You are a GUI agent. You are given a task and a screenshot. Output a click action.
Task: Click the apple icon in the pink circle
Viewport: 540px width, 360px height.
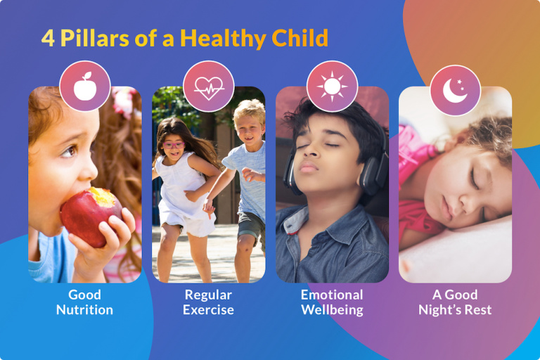pyautogui.click(x=85, y=86)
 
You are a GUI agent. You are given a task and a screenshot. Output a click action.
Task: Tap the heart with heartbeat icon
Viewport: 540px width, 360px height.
pyautogui.click(x=209, y=88)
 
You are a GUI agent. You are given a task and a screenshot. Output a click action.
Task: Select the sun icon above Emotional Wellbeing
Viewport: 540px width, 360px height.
pyautogui.click(x=332, y=86)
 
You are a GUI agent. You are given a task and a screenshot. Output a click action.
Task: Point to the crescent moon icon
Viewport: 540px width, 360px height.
pyautogui.click(x=454, y=91)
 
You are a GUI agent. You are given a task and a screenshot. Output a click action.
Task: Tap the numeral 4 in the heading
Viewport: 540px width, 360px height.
pyautogui.click(x=48, y=38)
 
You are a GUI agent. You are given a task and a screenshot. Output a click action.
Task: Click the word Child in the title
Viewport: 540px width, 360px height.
pyautogui.click(x=300, y=37)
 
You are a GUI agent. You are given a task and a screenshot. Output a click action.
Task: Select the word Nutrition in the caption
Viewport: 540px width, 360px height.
pyautogui.click(x=84, y=309)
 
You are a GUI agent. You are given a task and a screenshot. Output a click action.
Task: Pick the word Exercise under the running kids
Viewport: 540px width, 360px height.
pyautogui.click(x=208, y=309)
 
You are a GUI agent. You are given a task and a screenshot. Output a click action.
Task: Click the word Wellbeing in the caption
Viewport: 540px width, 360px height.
pyautogui.click(x=332, y=309)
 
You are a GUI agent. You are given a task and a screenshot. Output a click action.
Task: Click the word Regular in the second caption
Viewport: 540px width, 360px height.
pyautogui.click(x=208, y=295)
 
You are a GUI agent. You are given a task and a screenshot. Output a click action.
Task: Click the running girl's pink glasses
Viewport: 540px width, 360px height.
pyautogui.click(x=173, y=145)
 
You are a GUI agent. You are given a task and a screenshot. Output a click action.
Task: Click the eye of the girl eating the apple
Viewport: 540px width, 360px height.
pyautogui.click(x=70, y=150)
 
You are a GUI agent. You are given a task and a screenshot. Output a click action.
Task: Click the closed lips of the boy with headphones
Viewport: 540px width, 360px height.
pyautogui.click(x=307, y=167)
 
